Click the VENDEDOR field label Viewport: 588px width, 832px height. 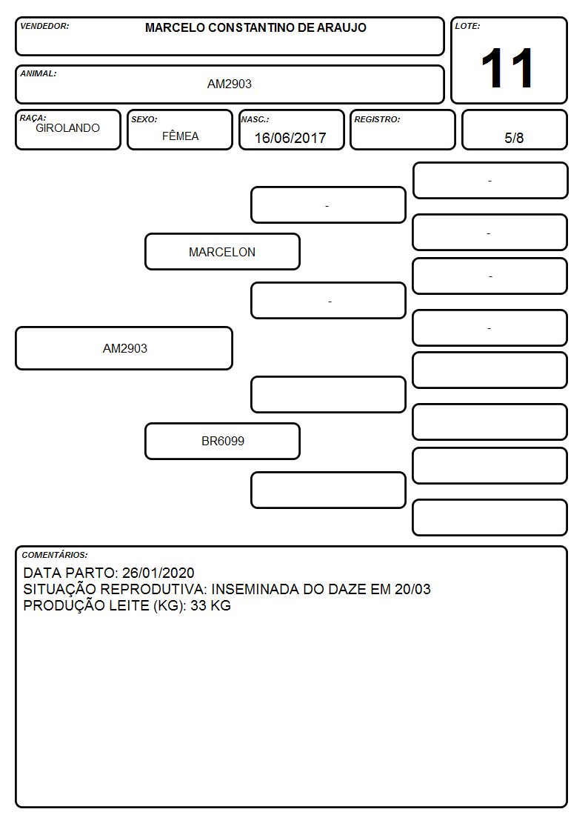44,26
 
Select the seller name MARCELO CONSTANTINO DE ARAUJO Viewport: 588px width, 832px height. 255,27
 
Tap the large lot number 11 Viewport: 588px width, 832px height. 507,68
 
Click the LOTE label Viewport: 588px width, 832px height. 467,26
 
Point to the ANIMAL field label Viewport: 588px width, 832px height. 39,74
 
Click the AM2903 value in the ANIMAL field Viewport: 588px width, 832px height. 230,84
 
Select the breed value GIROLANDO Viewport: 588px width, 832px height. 67,128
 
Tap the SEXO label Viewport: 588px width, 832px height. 144,120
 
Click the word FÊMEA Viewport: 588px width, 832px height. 180,136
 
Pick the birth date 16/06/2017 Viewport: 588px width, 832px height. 290,138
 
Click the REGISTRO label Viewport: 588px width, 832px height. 377,120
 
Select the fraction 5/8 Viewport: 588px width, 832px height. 514,138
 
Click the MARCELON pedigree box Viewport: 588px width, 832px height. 222,251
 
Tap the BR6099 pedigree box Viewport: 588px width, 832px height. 222,441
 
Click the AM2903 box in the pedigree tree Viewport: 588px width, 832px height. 124,348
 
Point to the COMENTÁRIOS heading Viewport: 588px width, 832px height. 55,555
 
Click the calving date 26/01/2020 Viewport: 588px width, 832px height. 158,573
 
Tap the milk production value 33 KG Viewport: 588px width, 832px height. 210,605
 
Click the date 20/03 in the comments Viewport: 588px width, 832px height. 412,590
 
